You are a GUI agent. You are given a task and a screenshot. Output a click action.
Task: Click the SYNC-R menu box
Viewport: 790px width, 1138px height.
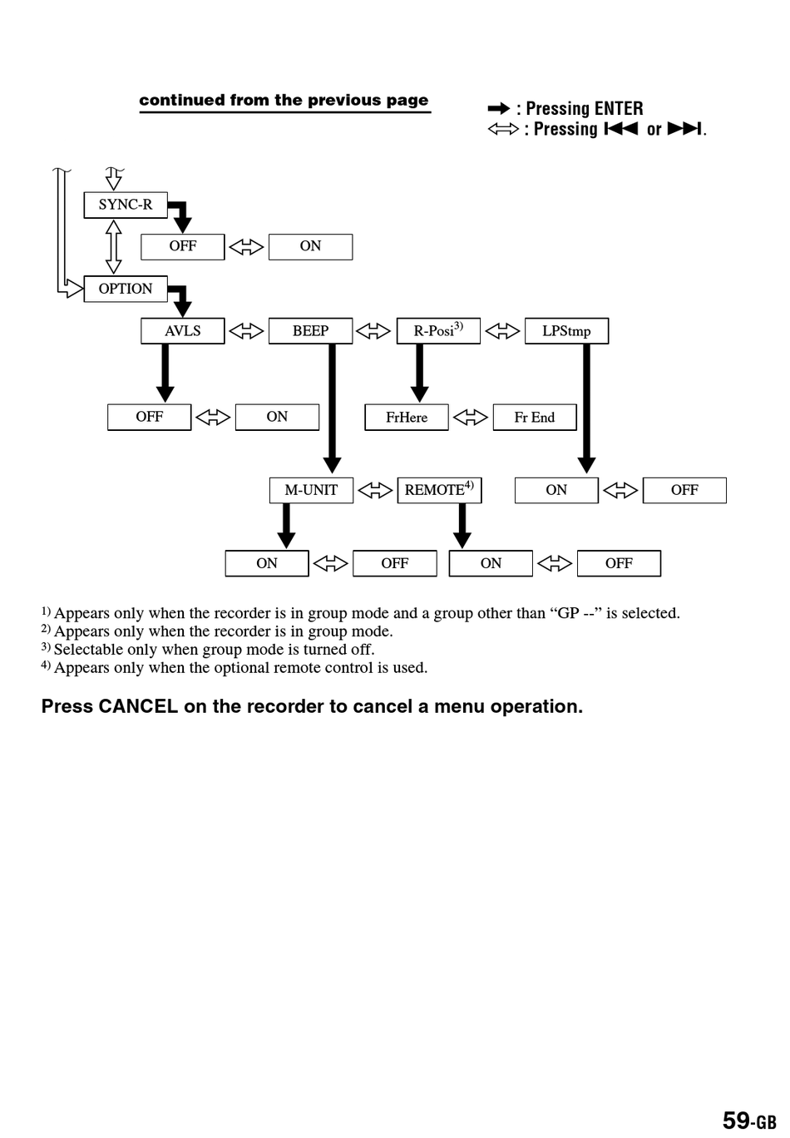[x=126, y=205]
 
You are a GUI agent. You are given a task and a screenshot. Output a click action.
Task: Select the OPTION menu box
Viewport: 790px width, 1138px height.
[x=126, y=289]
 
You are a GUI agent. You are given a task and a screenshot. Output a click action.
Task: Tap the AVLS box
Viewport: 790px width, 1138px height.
[x=183, y=331]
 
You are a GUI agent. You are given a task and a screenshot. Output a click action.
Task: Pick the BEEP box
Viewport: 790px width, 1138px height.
[x=311, y=331]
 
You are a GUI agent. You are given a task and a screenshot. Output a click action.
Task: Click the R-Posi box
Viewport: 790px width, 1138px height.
[x=439, y=331]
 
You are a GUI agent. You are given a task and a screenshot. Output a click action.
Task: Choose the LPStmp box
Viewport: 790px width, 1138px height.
[x=566, y=331]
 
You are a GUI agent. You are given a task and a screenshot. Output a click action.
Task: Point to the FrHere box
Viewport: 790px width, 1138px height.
[x=407, y=417]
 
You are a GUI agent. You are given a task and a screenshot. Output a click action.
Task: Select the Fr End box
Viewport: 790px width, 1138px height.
[x=535, y=417]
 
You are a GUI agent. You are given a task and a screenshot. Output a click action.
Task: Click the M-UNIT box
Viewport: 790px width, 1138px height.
[x=311, y=490]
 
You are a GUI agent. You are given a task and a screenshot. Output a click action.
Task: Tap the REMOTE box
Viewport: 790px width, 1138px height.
[x=440, y=490]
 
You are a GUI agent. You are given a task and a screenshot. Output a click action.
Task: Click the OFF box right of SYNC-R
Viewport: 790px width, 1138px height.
[x=183, y=247]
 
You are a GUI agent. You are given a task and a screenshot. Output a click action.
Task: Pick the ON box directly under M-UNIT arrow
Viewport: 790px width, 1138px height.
[x=267, y=563]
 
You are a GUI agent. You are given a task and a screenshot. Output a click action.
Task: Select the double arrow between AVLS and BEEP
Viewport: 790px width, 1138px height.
[x=247, y=331]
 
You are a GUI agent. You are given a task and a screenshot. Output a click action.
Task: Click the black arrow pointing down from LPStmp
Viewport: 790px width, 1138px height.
[x=586, y=409]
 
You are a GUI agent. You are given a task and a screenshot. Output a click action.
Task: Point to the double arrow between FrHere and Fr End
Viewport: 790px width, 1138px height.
[x=471, y=418]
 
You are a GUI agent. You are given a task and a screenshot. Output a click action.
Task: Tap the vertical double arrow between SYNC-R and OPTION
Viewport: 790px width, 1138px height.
[x=114, y=247]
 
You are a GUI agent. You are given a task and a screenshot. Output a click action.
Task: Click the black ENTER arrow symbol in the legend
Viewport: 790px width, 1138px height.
[x=499, y=108]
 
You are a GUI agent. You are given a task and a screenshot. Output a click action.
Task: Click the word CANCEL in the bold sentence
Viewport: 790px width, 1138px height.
[x=138, y=706]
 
